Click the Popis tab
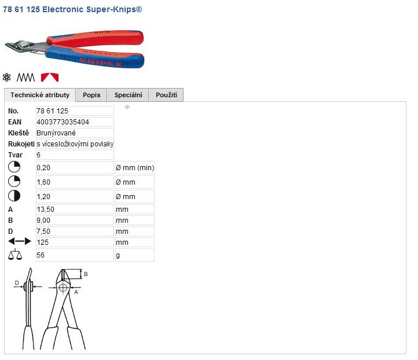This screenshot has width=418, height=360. [91, 95]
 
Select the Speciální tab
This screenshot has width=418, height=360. [128, 95]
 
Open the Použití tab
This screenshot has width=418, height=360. [166, 95]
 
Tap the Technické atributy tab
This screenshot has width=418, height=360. [40, 95]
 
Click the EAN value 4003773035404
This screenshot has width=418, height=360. [63, 122]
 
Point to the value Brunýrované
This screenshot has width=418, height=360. [56, 133]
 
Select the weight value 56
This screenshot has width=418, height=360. [41, 255]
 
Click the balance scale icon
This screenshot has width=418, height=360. [15, 255]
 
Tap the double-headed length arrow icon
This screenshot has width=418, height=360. [20, 241]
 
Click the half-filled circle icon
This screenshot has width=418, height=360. [14, 196]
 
